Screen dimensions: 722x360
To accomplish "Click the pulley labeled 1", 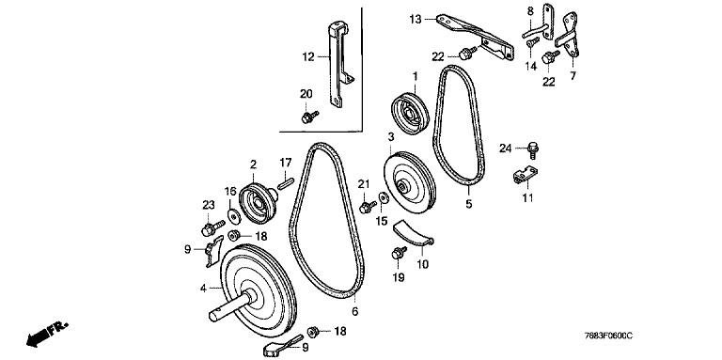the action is point(410,114).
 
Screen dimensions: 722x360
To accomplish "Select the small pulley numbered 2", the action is point(258,203).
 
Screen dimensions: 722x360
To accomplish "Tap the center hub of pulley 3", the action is point(403,186).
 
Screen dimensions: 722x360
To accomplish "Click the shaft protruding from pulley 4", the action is point(230,307).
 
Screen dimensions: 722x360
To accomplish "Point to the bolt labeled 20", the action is point(309,117).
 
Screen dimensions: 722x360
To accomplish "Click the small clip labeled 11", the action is point(525,176).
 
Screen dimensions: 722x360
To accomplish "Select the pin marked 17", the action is point(285,180).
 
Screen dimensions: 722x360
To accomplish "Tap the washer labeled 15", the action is point(384,198).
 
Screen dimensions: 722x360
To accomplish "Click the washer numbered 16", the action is point(233,215).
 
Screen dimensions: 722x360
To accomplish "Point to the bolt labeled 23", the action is point(212,227).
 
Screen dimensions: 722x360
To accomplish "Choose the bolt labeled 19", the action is point(399,253).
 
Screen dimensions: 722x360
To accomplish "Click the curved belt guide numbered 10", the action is point(413,234).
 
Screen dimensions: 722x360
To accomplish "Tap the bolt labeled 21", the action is point(368,207).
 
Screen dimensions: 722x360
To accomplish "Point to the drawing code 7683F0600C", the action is point(610,336).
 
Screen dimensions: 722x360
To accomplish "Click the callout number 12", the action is point(308,57).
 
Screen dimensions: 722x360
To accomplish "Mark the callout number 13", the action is point(416,20).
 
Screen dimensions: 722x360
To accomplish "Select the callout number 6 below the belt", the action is point(354,312).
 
